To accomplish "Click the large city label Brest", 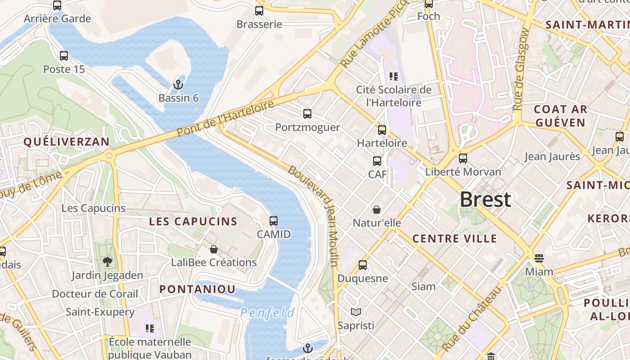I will coord(485,199).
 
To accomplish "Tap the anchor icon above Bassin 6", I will coord(178,84).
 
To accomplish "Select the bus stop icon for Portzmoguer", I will coord(307,114).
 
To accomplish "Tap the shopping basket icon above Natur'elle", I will coord(377,210).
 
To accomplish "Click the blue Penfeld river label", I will coord(267,313).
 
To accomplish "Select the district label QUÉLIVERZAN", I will coord(66,142).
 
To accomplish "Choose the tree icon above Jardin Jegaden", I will coord(107,261).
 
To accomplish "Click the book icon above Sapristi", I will coord(355,312).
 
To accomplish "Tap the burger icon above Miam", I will coord(539,258).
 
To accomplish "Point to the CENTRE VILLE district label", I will coord(454,238).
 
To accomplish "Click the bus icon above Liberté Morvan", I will coord(463,158).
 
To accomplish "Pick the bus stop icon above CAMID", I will coord(274,221).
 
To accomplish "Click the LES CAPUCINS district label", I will coord(193,221).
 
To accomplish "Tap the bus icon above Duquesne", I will coord(363,265).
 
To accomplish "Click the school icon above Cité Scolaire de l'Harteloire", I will coord(394,76).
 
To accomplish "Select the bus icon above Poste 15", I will coord(64,56).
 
